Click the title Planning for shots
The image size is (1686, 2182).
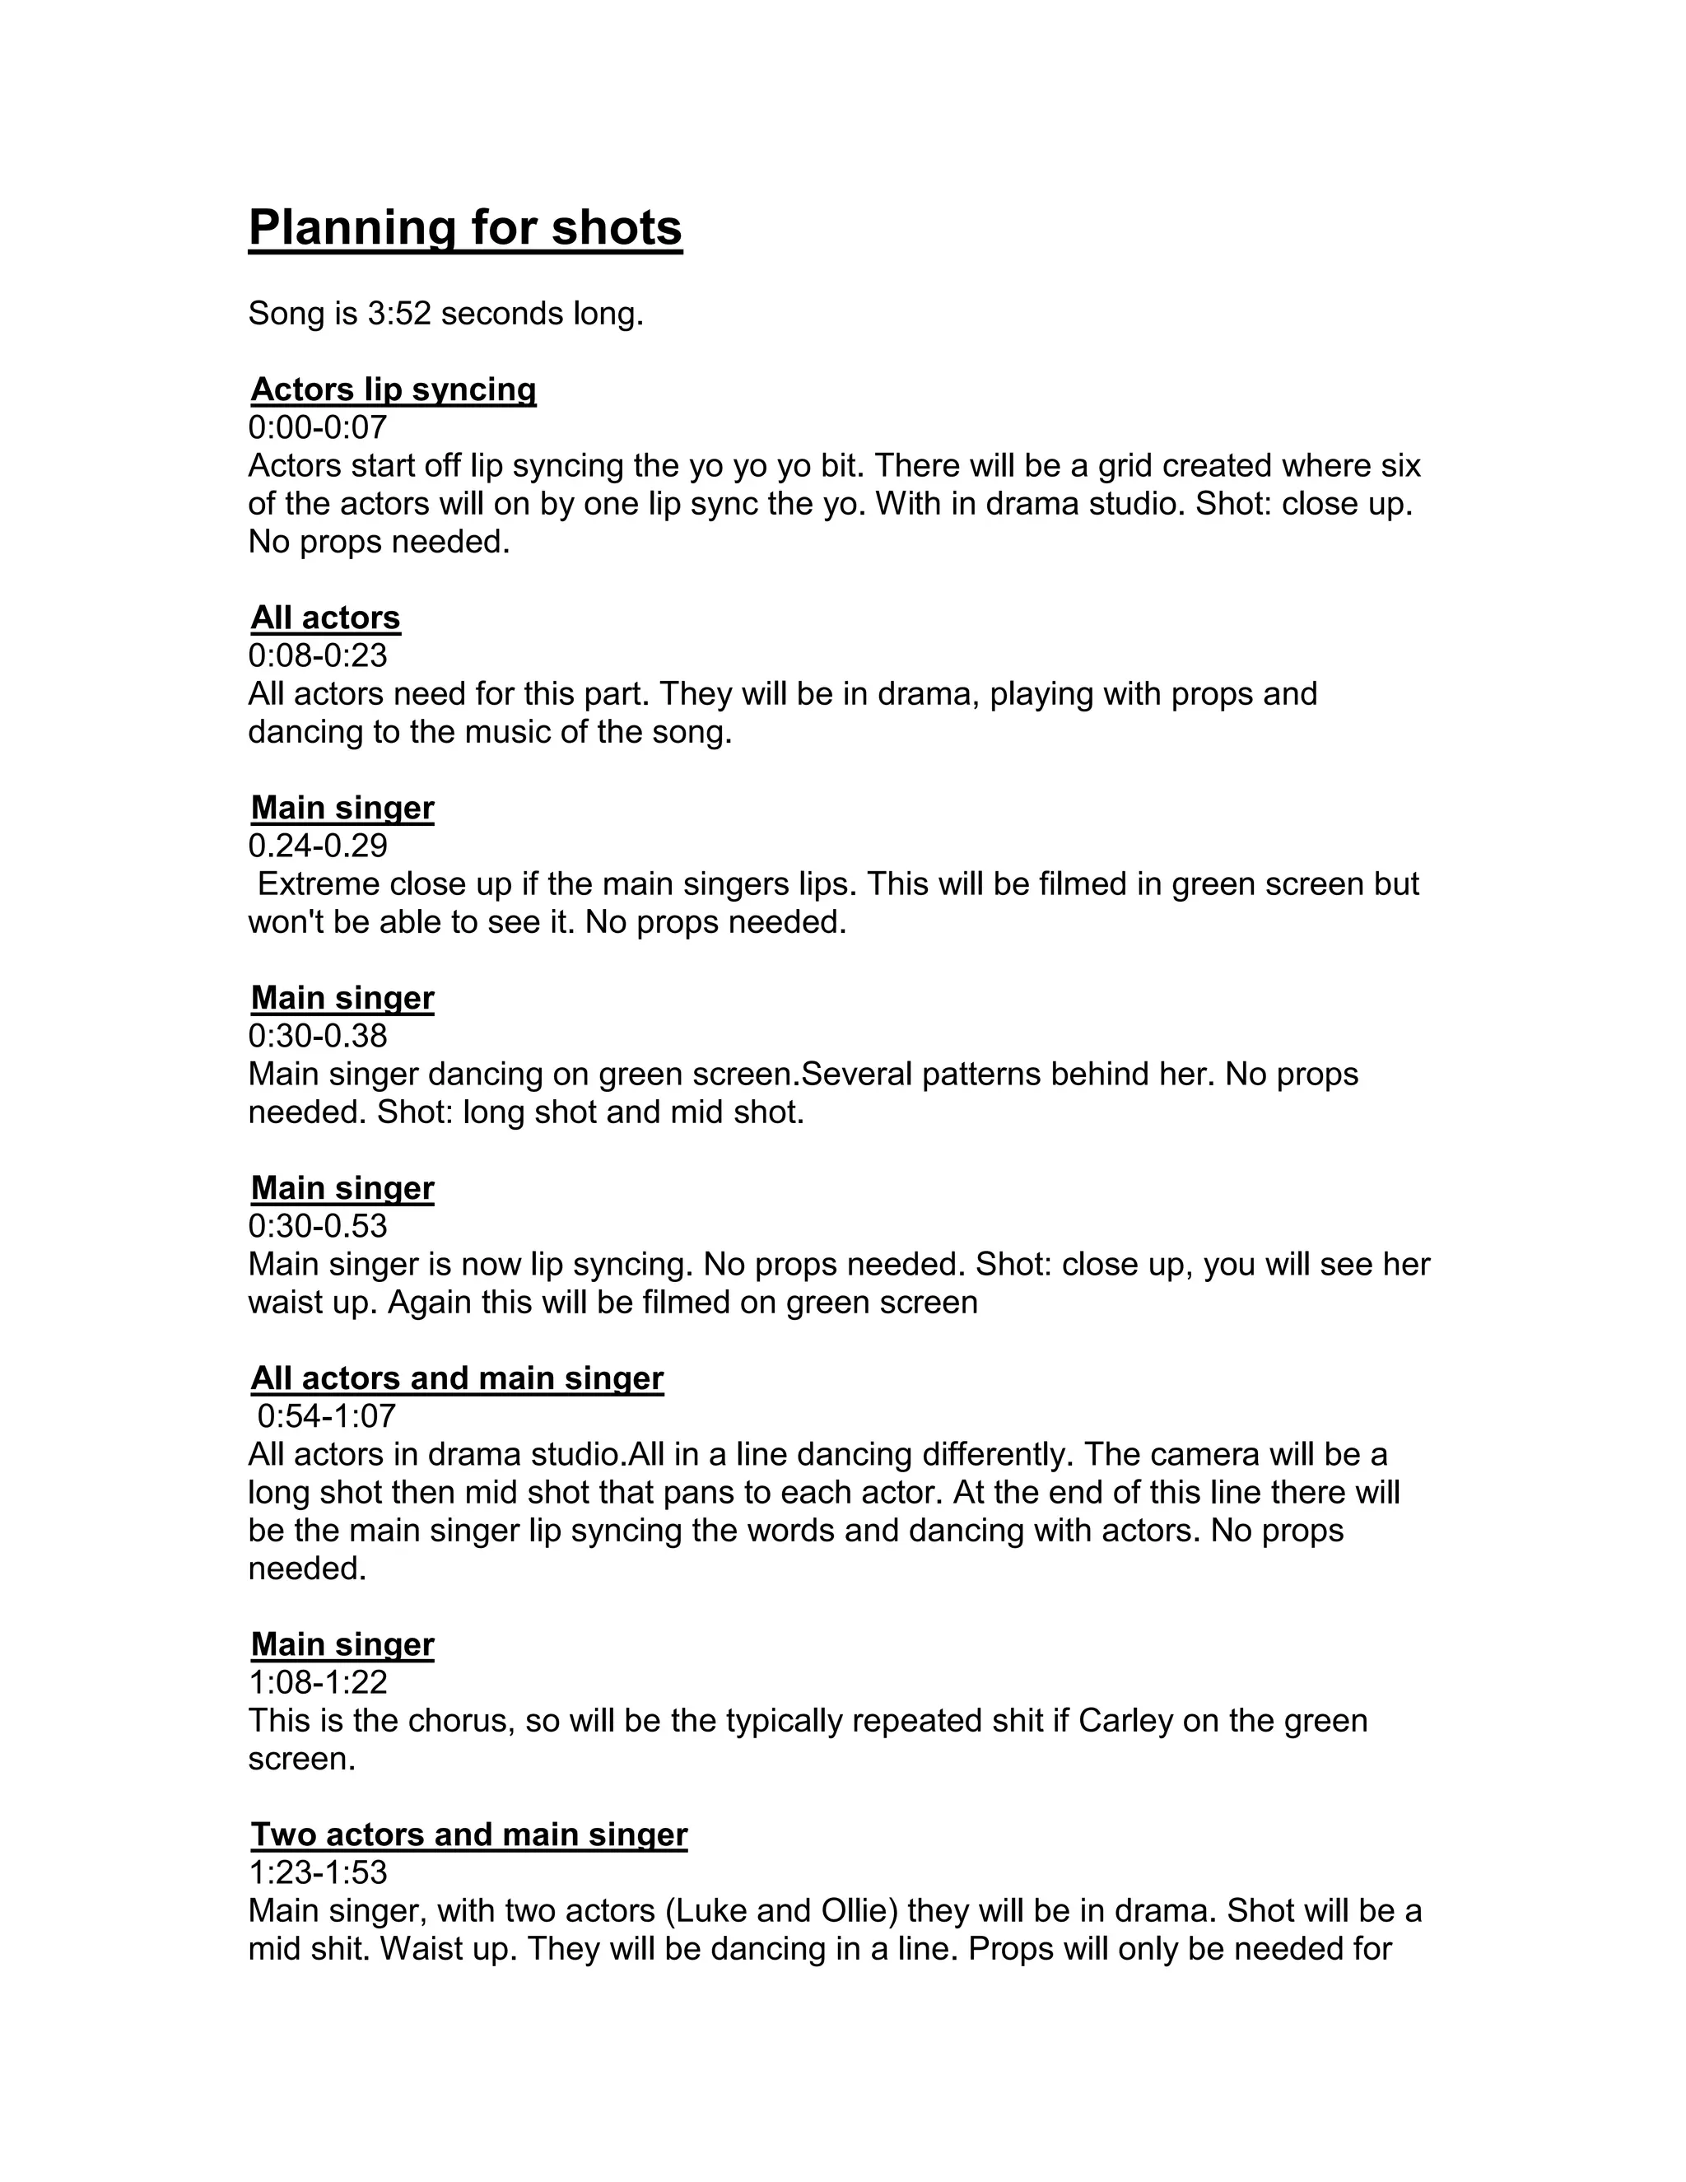click(x=464, y=228)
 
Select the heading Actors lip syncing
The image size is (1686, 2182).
click(x=393, y=389)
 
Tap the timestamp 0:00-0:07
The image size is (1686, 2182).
click(x=318, y=427)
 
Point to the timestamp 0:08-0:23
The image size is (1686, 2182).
click(x=318, y=655)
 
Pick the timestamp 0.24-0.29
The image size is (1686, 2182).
click(x=318, y=846)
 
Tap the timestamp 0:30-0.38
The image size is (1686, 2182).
click(x=318, y=1035)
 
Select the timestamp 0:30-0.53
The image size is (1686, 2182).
click(x=318, y=1226)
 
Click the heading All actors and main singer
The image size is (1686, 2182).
click(x=456, y=1378)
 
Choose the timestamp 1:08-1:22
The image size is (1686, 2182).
click(x=318, y=1682)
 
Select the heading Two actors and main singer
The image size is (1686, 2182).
click(x=468, y=1835)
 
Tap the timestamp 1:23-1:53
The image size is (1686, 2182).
click(x=318, y=1872)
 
